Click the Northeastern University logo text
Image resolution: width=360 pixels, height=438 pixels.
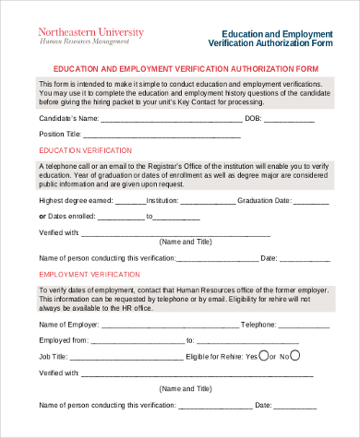pos(90,31)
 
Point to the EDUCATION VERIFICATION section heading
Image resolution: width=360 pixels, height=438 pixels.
pos(79,150)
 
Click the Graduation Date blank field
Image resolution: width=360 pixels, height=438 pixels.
pos(310,200)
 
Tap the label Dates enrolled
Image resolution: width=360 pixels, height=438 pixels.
pos(72,217)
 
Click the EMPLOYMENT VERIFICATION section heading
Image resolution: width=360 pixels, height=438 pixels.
pos(83,275)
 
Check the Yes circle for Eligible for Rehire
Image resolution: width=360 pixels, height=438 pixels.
pos(265,355)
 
